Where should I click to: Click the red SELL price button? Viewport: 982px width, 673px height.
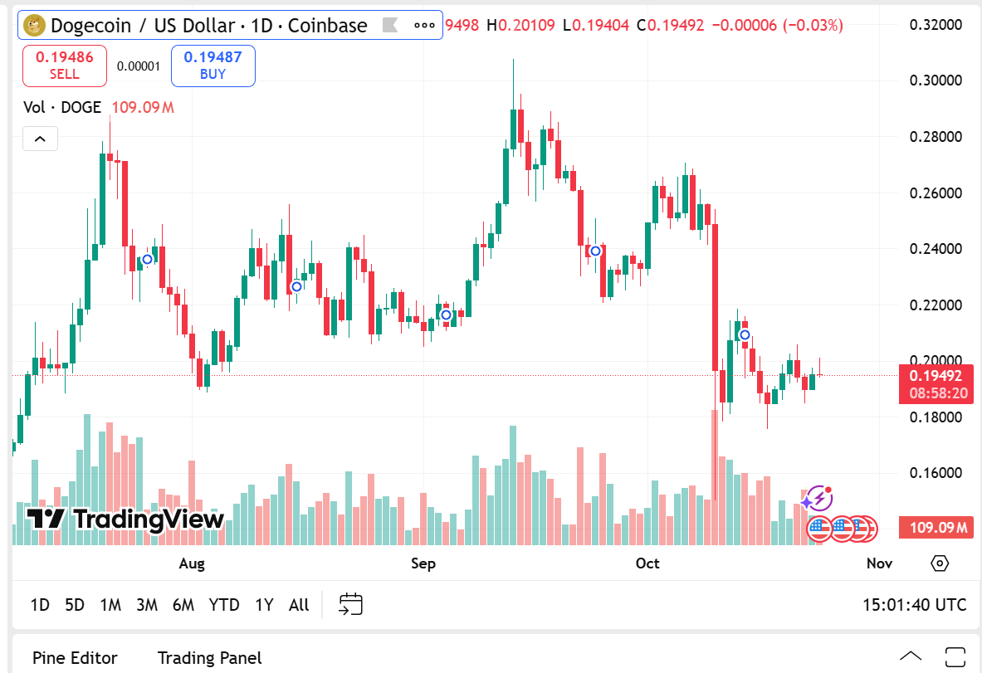[x=65, y=66]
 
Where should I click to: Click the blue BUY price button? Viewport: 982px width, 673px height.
[x=213, y=66]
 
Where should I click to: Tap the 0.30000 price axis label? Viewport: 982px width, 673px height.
[x=936, y=80]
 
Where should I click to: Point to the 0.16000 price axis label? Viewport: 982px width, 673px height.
[x=936, y=473]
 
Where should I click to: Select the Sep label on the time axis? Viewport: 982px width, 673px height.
[x=423, y=563]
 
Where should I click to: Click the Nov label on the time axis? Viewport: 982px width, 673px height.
[x=879, y=563]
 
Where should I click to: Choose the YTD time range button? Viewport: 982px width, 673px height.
[x=224, y=605]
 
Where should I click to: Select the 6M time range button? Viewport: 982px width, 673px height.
[x=183, y=605]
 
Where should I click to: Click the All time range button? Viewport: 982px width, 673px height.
[x=299, y=605]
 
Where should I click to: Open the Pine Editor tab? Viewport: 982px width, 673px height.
[x=75, y=658]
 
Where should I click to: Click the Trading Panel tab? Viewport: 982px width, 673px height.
[x=209, y=658]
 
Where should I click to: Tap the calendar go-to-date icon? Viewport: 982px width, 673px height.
[x=351, y=604]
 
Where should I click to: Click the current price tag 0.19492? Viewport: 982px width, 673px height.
[x=936, y=375]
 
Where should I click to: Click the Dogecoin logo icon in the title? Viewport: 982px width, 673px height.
[x=35, y=26]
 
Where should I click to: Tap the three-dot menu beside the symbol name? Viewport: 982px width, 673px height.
[x=424, y=26]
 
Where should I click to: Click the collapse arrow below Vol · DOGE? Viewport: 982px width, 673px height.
[x=40, y=139]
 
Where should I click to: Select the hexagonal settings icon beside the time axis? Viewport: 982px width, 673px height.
[x=940, y=563]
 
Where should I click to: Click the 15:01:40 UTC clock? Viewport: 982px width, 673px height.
[x=914, y=605]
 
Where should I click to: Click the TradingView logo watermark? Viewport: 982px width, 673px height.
[x=125, y=519]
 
